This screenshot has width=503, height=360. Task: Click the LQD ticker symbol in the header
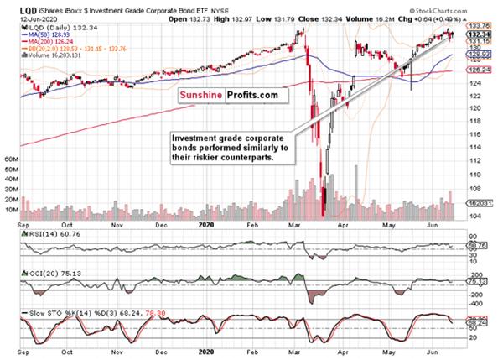(x=11, y=8)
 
